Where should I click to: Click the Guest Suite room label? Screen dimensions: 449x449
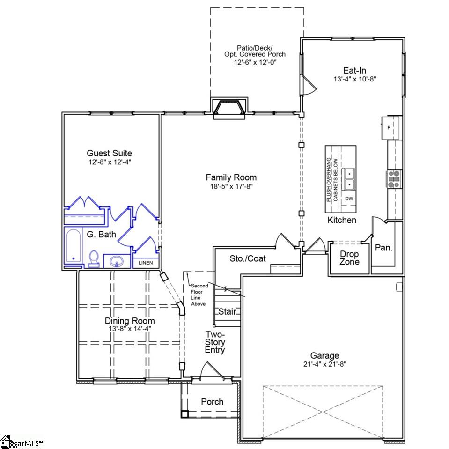pos(109,153)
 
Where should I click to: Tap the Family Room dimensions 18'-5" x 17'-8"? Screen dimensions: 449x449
pos(231,186)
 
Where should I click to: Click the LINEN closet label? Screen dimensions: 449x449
pos(146,263)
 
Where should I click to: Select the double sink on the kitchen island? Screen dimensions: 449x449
pos(349,179)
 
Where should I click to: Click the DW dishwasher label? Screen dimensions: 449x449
pos(349,199)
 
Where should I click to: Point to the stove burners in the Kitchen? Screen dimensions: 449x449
pos(393,178)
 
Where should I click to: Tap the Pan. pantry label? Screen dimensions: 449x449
pos(383,248)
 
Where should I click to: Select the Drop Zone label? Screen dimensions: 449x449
pos(349,258)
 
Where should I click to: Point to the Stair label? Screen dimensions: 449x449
pos(227,311)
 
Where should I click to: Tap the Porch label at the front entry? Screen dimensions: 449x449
pos(212,402)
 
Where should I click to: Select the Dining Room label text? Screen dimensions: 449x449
pos(129,321)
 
